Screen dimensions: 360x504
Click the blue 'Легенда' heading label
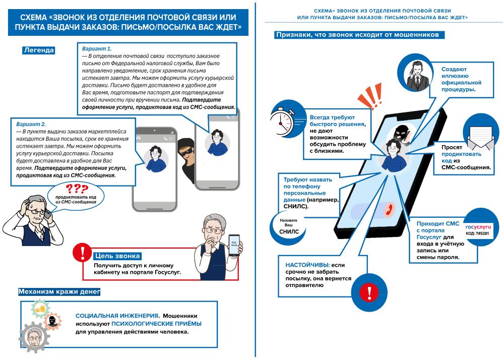pos(39,50)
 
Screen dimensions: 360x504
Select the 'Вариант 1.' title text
pos(97,48)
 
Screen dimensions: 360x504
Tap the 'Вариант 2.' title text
pos(31,124)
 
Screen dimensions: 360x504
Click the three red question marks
pos(77,189)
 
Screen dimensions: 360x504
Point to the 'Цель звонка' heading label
pos(117,256)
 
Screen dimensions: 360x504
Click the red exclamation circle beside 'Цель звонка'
pos(81,253)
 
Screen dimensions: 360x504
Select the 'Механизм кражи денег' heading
pos(59,291)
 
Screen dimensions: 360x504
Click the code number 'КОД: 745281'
pos(477,234)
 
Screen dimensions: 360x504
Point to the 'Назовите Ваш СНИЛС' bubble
pos(289,226)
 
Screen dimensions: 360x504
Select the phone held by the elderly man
pos(235,245)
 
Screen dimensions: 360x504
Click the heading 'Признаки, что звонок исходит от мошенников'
pos(359,35)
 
